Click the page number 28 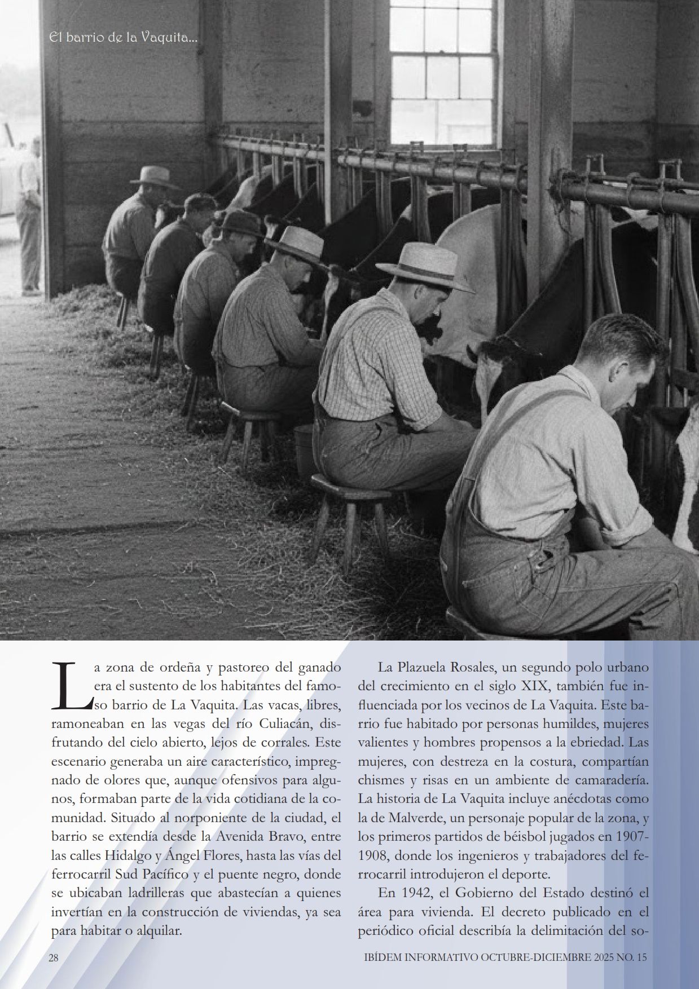[x=54, y=958]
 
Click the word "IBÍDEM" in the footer [x=380, y=958]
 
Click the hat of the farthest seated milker [x=152, y=176]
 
